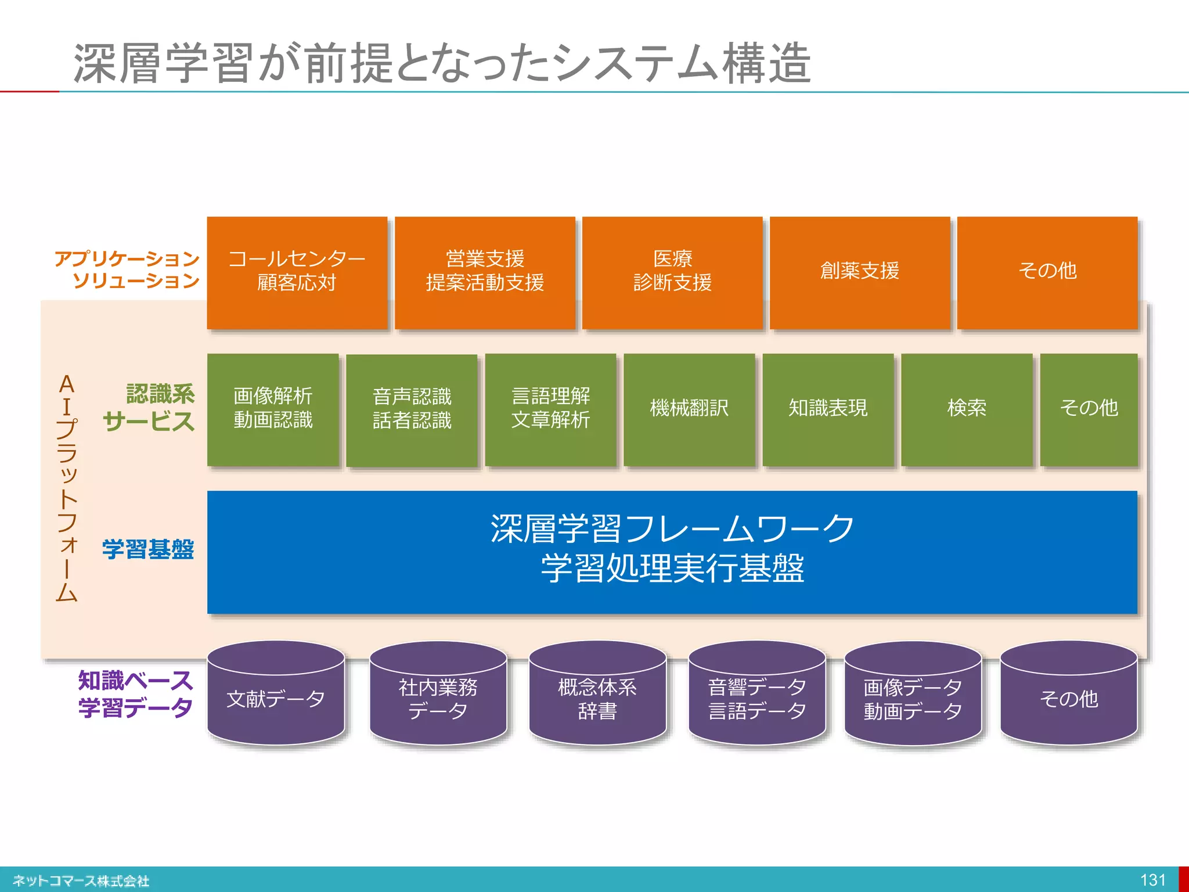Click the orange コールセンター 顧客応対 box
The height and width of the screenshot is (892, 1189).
pyautogui.click(x=297, y=272)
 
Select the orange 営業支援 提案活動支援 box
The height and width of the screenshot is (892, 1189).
pyautogui.click(x=485, y=272)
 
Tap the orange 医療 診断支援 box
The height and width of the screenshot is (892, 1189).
pyautogui.click(x=672, y=272)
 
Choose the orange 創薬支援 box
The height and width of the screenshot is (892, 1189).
pyautogui.click(x=860, y=272)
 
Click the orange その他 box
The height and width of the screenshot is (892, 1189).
pyautogui.click(x=1047, y=272)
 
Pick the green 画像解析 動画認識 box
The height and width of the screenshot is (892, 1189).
pyautogui.click(x=273, y=409)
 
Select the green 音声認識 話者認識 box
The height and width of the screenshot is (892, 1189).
pyautogui.click(x=412, y=409)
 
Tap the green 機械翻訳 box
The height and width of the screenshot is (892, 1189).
pyautogui.click(x=689, y=409)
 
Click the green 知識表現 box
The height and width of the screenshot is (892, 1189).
pyautogui.click(x=828, y=409)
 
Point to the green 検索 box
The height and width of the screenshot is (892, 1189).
pyautogui.click(x=967, y=409)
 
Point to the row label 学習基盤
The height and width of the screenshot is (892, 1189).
pyautogui.click(x=148, y=549)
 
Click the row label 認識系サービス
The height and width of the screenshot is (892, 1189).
pyautogui.click(x=149, y=408)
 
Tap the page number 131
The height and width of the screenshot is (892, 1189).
pyautogui.click(x=1152, y=880)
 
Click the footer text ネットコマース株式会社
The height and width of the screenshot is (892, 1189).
pyautogui.click(x=81, y=881)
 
